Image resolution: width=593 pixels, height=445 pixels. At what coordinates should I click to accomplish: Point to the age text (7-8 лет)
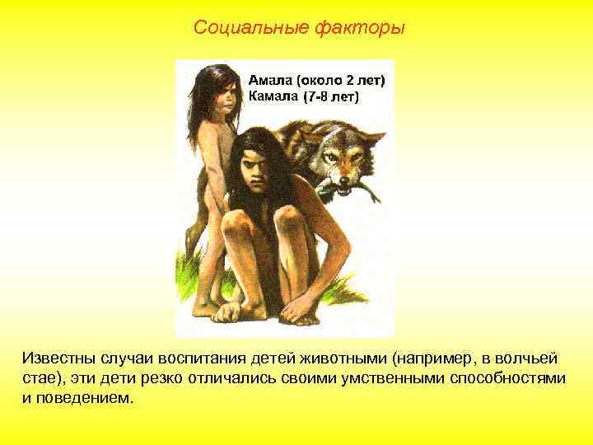[332, 96]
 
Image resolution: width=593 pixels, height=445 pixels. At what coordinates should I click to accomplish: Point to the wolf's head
[346, 157]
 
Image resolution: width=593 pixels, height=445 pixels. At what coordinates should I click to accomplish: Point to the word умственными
[390, 378]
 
